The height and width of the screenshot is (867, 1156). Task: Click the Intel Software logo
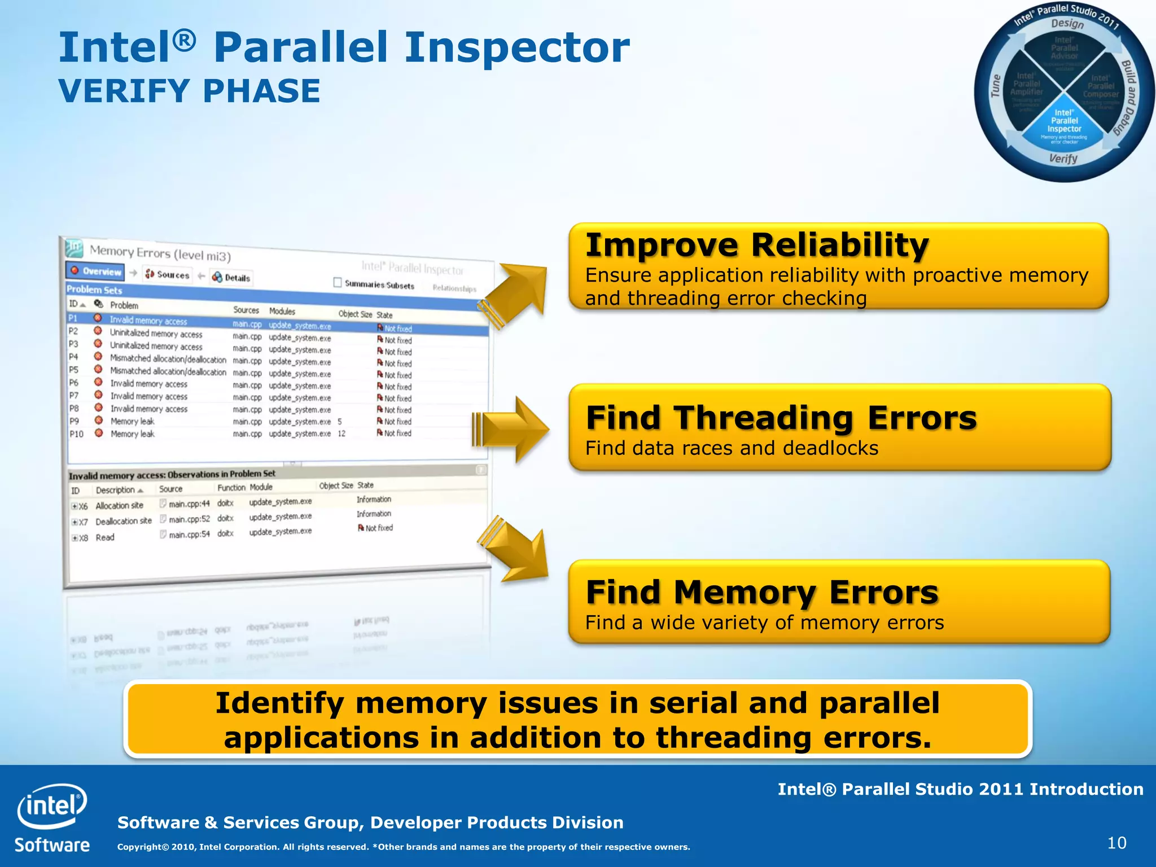pyautogui.click(x=52, y=817)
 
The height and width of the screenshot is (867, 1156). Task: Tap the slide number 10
pyautogui.click(x=1116, y=843)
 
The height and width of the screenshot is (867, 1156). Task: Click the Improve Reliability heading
pyautogui.click(x=756, y=245)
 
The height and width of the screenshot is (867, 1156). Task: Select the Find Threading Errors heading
pyautogui.click(x=781, y=418)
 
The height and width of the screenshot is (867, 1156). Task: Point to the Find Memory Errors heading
pyautogui.click(x=761, y=592)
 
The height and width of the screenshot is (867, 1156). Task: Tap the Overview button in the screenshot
pyautogui.click(x=95, y=271)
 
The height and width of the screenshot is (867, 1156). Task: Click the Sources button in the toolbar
pyautogui.click(x=167, y=274)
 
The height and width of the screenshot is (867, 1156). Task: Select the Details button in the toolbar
pyautogui.click(x=231, y=277)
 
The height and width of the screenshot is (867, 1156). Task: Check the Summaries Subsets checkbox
pyautogui.click(x=338, y=282)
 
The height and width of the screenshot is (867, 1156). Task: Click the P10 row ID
pyautogui.click(x=76, y=434)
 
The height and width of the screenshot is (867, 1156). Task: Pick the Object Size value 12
pyautogui.click(x=341, y=433)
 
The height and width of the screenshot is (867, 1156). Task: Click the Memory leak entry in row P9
pyautogui.click(x=132, y=421)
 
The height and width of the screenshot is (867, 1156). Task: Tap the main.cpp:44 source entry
pyautogui.click(x=189, y=503)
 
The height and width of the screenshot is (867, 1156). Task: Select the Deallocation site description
pyautogui.click(x=123, y=521)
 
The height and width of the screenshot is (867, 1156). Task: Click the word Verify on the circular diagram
pyautogui.click(x=1063, y=159)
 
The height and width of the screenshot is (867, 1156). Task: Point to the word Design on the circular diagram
pyautogui.click(x=1067, y=24)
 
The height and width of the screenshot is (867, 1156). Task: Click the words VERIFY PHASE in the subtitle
pyautogui.click(x=190, y=91)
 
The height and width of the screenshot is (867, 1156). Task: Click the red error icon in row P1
pyautogui.click(x=98, y=318)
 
